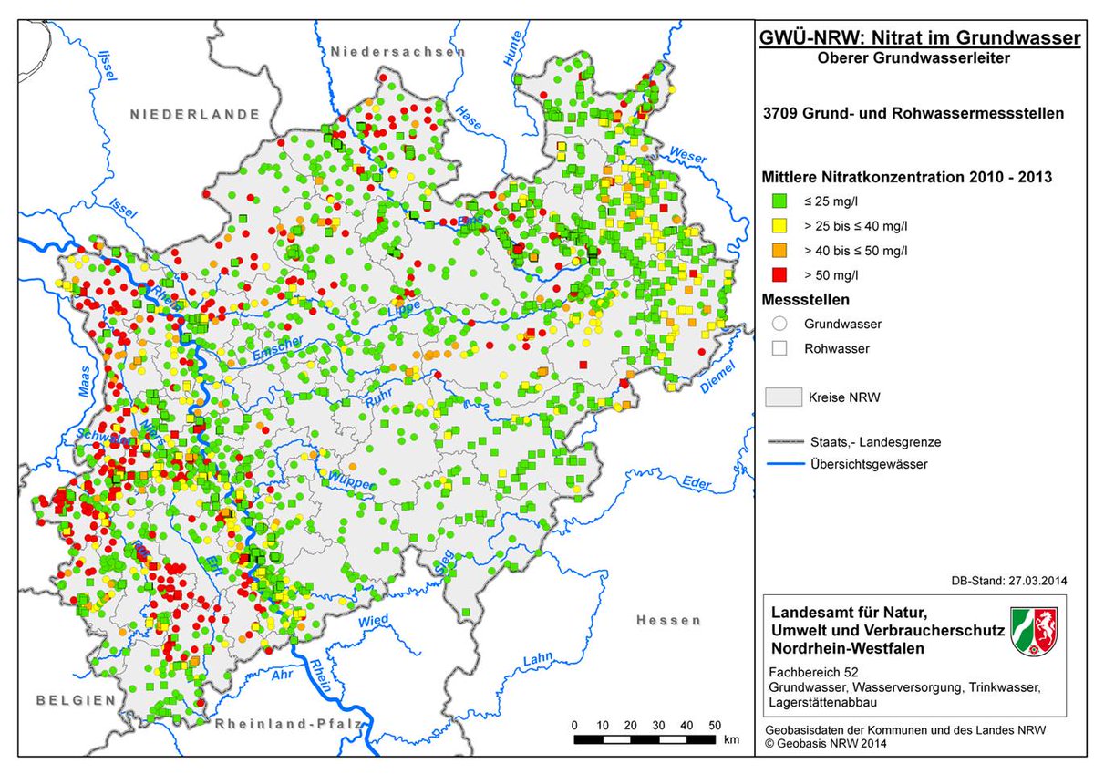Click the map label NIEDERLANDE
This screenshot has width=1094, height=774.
click(195, 114)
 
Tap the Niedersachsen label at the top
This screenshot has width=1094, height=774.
click(397, 52)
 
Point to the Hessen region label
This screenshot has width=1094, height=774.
click(669, 620)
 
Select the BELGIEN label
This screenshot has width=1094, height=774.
click(77, 700)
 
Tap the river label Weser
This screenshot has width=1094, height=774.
click(687, 156)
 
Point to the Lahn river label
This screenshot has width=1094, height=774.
click(538, 658)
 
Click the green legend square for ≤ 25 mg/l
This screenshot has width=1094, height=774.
click(779, 201)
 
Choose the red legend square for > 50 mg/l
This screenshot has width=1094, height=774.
click(779, 274)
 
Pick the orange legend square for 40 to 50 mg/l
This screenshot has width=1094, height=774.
click(779, 250)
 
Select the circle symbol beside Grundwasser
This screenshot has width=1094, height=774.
click(779, 323)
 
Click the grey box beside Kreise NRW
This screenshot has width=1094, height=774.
click(782, 397)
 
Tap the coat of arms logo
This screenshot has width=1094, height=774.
click(1034, 631)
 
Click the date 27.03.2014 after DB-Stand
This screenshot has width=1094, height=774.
click(1037, 580)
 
